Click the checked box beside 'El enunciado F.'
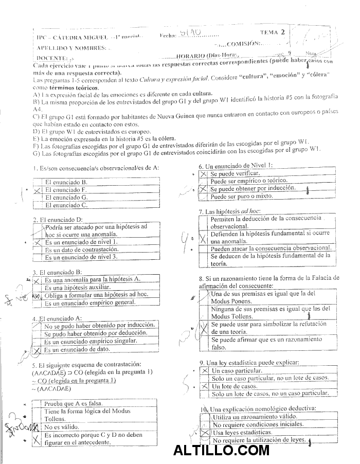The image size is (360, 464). point(37,190)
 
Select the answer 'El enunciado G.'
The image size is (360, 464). point(66,197)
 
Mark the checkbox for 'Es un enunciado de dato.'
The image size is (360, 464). point(37,350)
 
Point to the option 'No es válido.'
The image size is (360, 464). point(61,427)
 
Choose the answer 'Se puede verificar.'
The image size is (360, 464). point(236,174)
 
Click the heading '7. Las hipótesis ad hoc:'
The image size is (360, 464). point(230,211)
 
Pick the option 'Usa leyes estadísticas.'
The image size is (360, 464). point(242,433)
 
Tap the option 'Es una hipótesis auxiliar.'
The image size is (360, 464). point(78,287)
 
